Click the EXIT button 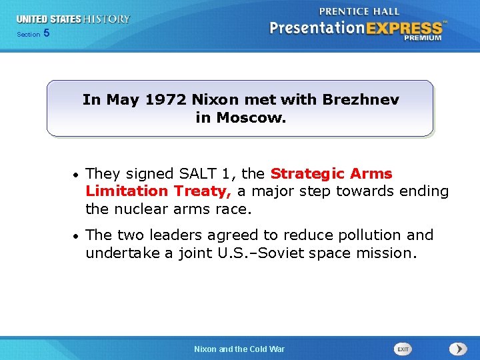(x=403, y=349)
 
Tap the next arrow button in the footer (x=457, y=349)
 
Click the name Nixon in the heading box (x=213, y=100)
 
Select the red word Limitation (x=127, y=191)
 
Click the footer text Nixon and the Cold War (x=239, y=349)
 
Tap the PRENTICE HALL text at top (x=359, y=11)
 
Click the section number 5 (x=46, y=33)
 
